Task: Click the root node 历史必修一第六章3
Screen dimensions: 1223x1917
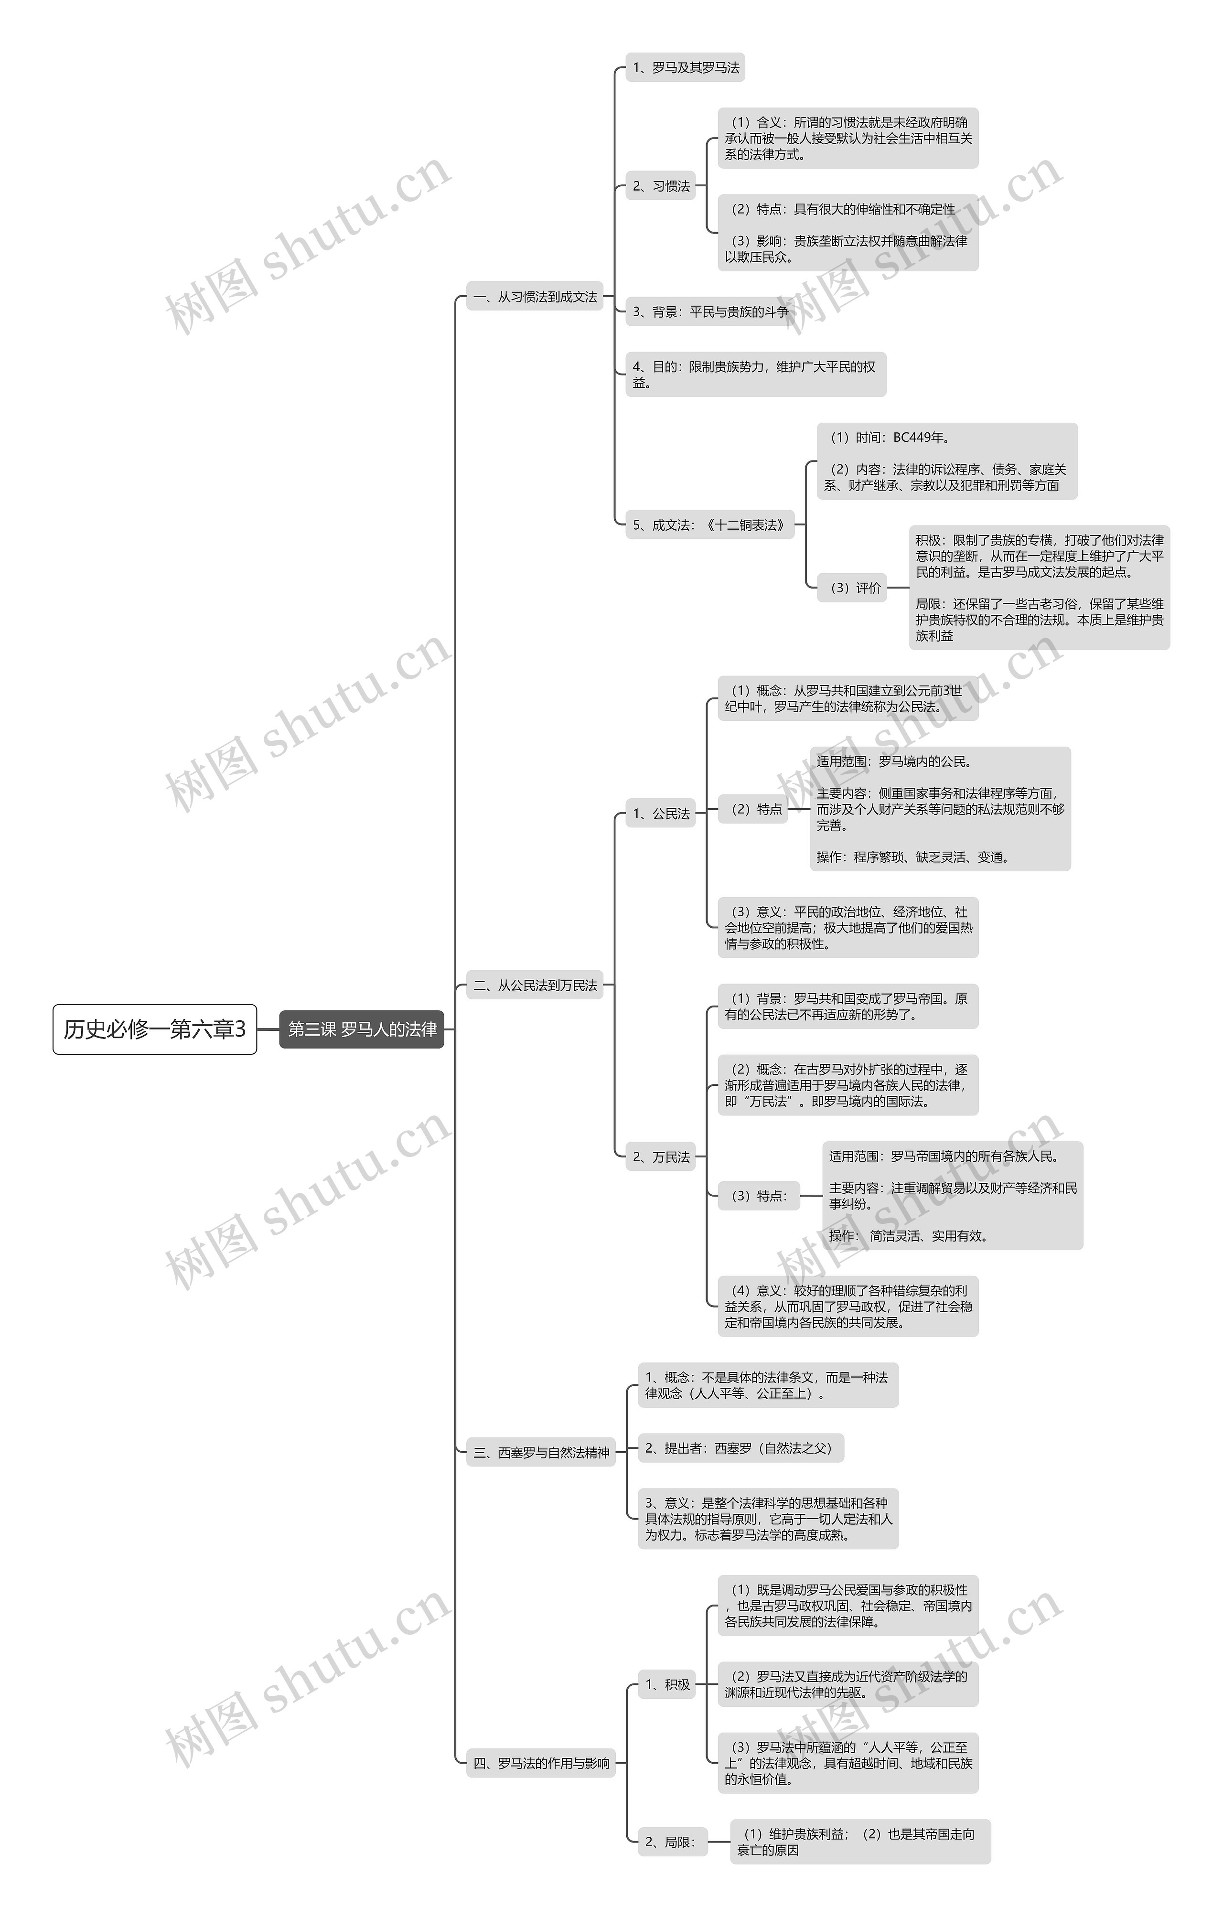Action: (154, 1029)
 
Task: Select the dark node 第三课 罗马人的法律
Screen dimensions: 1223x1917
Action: (362, 1029)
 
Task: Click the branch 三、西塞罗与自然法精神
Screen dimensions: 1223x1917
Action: (541, 1452)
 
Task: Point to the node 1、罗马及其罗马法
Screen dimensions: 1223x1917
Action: (686, 68)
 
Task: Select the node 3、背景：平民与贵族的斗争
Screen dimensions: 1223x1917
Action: (709, 311)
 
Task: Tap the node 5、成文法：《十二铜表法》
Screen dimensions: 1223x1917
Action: (709, 525)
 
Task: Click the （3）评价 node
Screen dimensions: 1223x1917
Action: (852, 588)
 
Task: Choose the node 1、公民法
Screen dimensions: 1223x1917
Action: (661, 813)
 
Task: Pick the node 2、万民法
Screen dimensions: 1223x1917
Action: (661, 1157)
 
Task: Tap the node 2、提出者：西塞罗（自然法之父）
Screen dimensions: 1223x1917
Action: (740, 1448)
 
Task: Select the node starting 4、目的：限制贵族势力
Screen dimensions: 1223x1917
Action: (755, 374)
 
